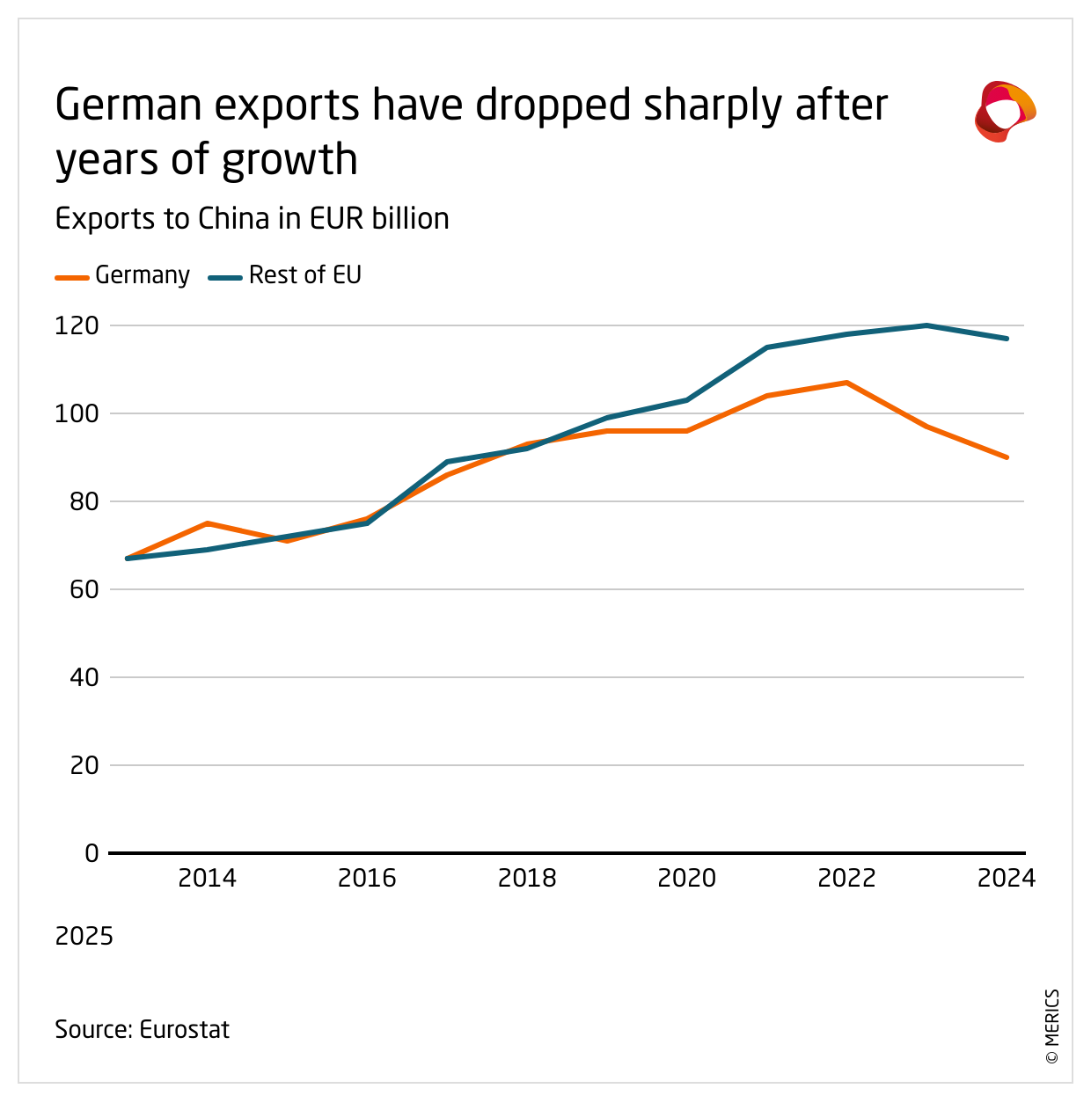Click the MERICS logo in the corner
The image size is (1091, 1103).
click(1005, 111)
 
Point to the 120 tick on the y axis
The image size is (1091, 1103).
click(77, 325)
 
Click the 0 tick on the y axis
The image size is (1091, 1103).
click(92, 853)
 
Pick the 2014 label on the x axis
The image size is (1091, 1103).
click(207, 878)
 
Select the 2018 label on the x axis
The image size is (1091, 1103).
click(527, 878)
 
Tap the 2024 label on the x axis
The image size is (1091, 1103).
click(1007, 878)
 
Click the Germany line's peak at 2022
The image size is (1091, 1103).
click(846, 383)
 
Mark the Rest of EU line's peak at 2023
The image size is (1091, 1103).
click(926, 325)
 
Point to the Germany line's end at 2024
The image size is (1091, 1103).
click(1007, 457)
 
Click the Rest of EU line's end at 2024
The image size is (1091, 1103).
click(1007, 339)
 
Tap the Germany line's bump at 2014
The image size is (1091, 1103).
click(207, 523)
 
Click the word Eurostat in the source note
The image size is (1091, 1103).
click(185, 1029)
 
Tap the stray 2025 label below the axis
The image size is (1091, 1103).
click(84, 936)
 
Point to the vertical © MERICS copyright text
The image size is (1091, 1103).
click(1052, 1027)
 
